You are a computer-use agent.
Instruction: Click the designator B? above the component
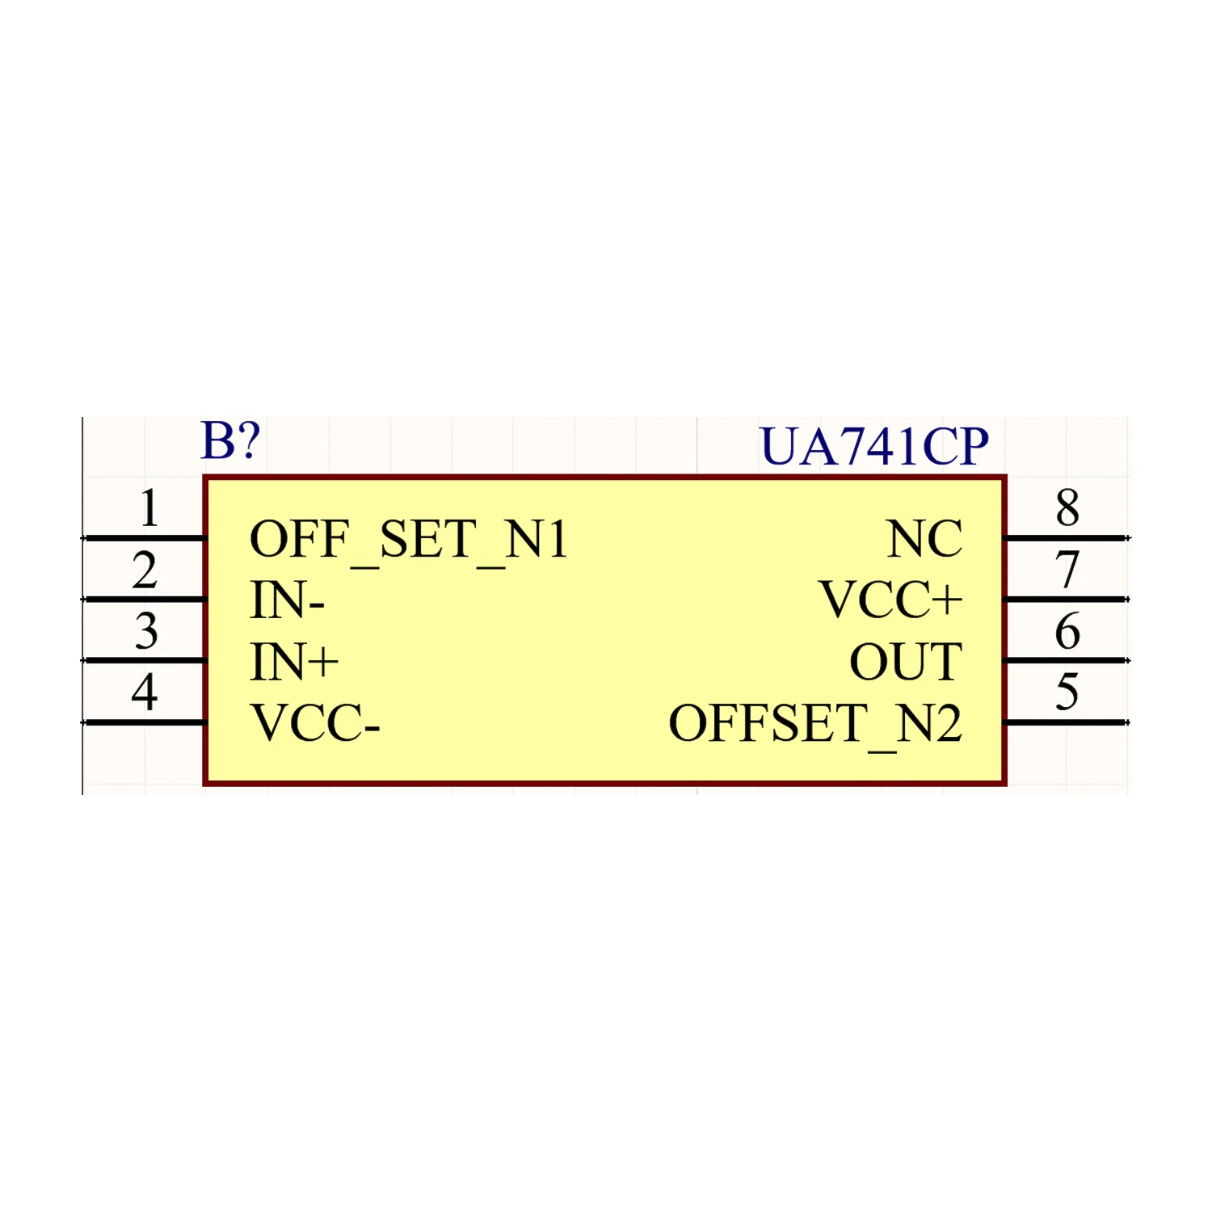(230, 441)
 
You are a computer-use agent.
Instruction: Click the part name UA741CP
(874, 447)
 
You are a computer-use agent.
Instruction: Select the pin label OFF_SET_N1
(409, 540)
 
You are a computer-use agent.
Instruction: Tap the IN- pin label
(287, 601)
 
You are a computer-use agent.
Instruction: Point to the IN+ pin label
(294, 663)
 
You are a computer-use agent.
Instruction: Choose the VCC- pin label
(314, 724)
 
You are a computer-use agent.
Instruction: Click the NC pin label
(924, 540)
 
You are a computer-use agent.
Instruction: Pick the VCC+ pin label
(890, 601)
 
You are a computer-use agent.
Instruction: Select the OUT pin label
(906, 663)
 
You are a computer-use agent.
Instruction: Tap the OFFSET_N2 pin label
(815, 724)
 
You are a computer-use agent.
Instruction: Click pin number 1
(149, 509)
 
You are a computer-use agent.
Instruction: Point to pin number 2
(145, 570)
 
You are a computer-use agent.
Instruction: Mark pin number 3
(146, 632)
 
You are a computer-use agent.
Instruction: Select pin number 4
(145, 693)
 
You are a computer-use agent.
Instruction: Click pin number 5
(1067, 693)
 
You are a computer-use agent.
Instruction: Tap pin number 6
(1067, 632)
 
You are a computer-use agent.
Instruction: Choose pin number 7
(1067, 570)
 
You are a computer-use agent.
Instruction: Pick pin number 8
(1067, 509)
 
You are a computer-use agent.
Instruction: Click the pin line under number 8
(1065, 538)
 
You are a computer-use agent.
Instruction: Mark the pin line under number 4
(144, 722)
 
